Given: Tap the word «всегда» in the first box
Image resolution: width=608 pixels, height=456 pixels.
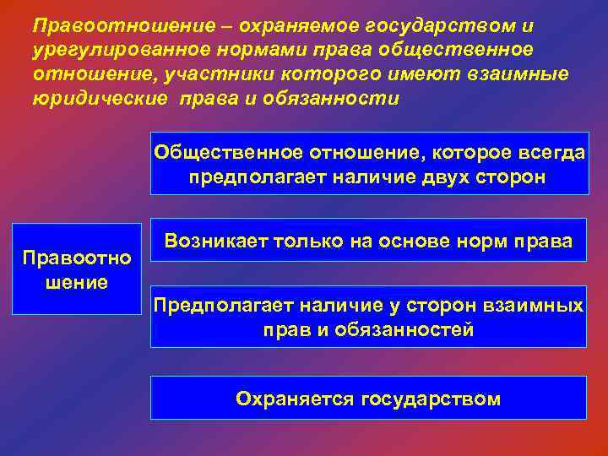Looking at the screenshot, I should (x=544, y=154).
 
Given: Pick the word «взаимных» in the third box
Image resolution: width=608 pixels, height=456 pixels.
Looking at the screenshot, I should (x=540, y=306).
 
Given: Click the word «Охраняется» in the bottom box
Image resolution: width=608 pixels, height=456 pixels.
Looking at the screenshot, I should (x=295, y=399).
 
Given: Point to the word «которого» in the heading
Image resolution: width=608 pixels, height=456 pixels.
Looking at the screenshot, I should (x=320, y=75).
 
